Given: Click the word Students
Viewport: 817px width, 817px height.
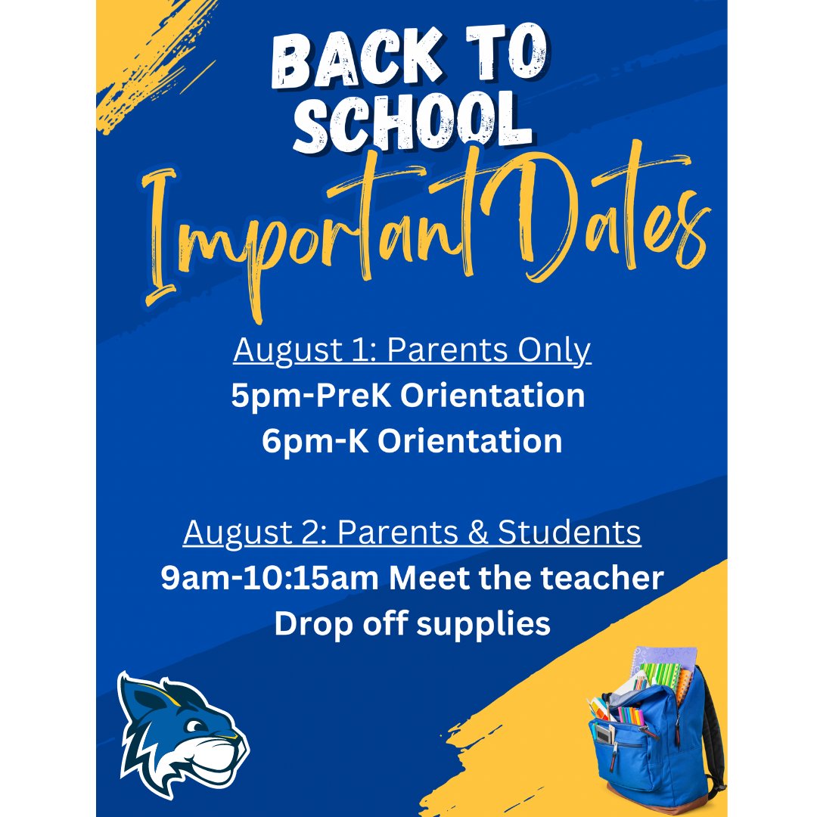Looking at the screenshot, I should click(570, 534).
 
